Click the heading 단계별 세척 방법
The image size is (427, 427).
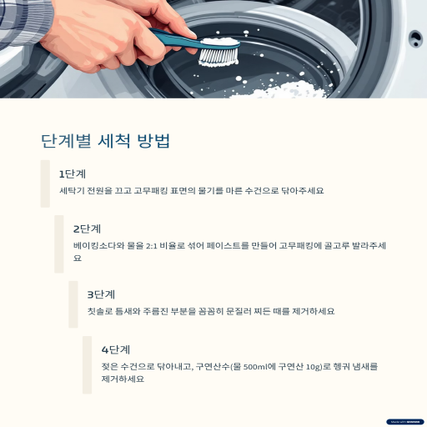pos(105,141)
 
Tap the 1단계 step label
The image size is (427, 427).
pos(73,174)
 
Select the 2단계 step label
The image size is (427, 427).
pos(87,229)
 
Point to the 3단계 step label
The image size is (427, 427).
pos(101,294)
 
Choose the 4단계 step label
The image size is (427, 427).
pos(116,349)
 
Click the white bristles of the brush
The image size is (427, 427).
pos(219,57)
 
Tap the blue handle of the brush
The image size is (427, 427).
pos(178,40)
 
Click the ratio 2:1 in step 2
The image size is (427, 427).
pos(151,246)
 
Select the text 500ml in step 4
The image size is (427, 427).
pos(254,367)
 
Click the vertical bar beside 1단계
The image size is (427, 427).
pos(45,183)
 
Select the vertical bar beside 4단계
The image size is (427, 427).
pos(87,364)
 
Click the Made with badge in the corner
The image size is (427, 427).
pos(404,422)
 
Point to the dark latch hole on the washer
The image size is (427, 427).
pos(415,38)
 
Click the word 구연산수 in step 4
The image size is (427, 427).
pos(213,367)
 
